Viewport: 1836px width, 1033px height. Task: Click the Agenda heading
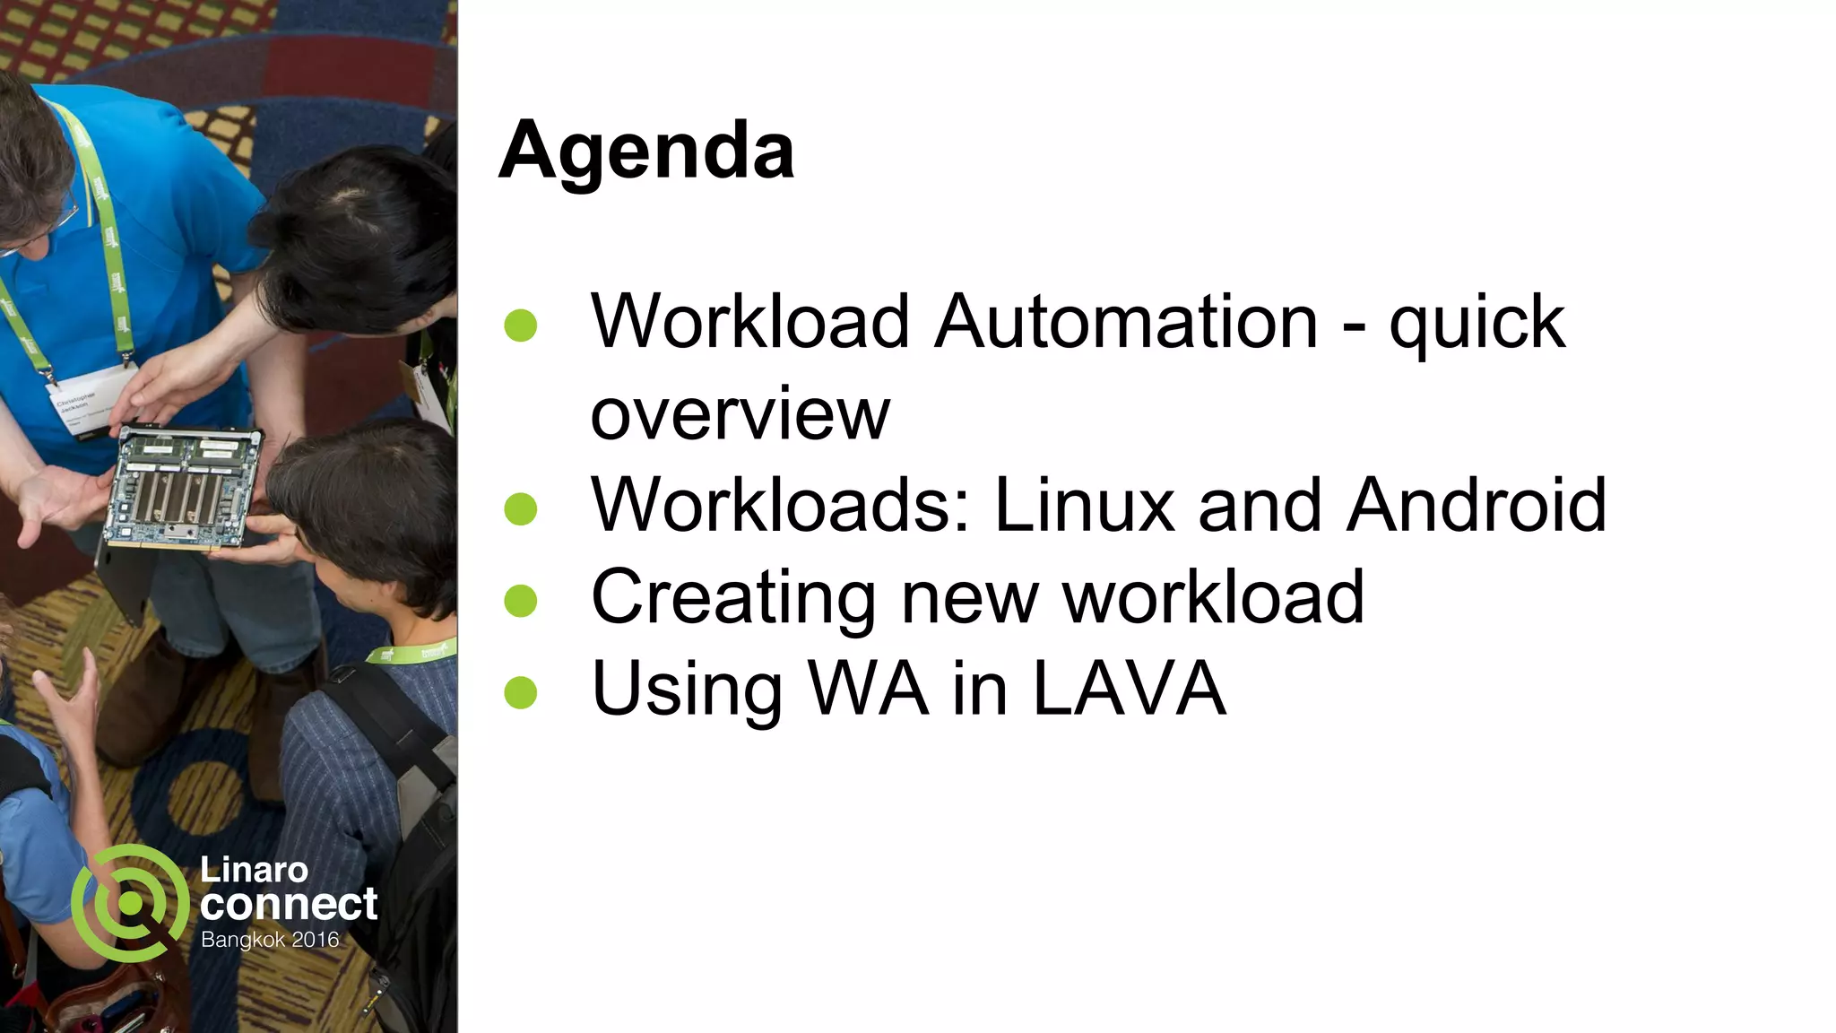pyautogui.click(x=645, y=151)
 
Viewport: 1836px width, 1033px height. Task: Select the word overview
pyautogui.click(x=740, y=414)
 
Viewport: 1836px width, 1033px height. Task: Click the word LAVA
pyautogui.click(x=1130, y=689)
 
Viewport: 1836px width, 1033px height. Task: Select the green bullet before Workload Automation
pyautogui.click(x=521, y=326)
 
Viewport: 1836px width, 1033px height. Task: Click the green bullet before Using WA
pyautogui.click(x=521, y=692)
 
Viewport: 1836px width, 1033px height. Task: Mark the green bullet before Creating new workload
pyautogui.click(x=521, y=601)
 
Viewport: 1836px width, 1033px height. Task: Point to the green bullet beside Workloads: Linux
pyautogui.click(x=521, y=509)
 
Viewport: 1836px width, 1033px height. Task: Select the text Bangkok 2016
pyautogui.click(x=270, y=940)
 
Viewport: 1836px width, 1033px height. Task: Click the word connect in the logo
pyautogui.click(x=289, y=904)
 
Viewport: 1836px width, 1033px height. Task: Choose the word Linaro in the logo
pyautogui.click(x=254, y=869)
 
